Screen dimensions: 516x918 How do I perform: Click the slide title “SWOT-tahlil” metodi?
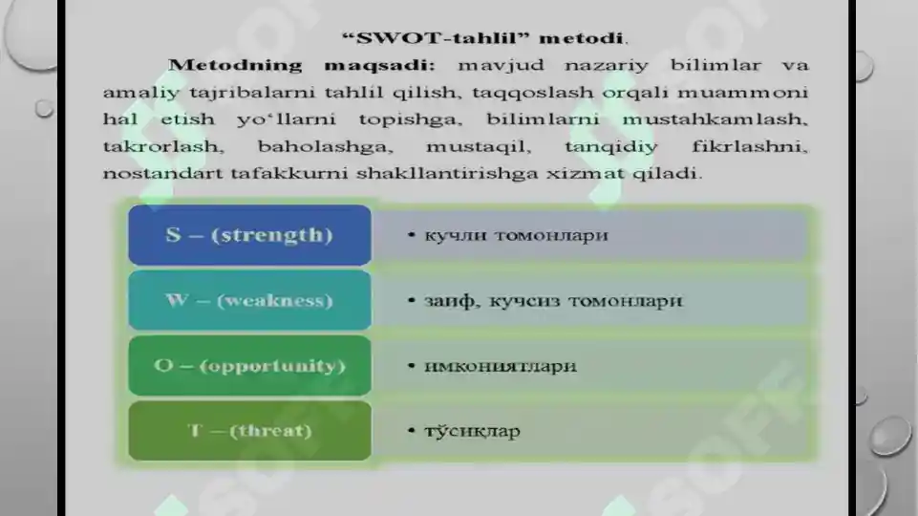tap(485, 38)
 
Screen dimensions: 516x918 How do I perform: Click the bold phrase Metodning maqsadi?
tap(302, 66)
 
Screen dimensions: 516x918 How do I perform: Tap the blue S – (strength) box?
tap(249, 235)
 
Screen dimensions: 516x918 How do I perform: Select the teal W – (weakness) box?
tap(249, 300)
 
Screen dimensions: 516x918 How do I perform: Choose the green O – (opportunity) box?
tap(249, 366)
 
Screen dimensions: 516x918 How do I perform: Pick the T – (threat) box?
tap(249, 431)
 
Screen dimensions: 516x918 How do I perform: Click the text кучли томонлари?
tap(516, 235)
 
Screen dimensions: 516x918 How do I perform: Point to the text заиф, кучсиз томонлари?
tap(553, 300)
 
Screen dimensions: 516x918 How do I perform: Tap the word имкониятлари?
tap(500, 366)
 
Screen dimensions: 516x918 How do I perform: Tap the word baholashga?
tap(312, 148)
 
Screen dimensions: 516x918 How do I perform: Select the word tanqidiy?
tap(602, 148)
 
